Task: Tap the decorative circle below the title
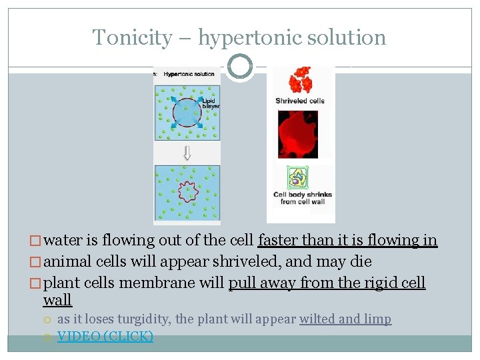pos(240,67)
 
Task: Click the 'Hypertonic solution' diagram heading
pos(189,74)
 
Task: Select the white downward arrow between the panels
pos(187,153)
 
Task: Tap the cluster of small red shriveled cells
pos(300,80)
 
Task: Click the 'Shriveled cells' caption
pos(300,101)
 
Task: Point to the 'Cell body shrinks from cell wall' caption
pos(302,198)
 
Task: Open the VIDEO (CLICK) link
pos(105,336)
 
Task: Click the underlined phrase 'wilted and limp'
pos(345,319)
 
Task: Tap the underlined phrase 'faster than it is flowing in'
pos(347,240)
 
